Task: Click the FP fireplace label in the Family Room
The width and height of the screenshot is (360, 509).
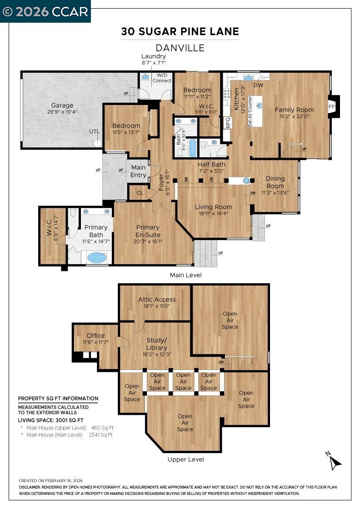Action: (x=332, y=107)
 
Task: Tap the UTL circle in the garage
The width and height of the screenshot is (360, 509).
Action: (x=97, y=142)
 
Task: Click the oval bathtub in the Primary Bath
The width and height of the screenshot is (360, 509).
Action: (x=96, y=258)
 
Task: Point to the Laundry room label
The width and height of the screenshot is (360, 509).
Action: (x=154, y=56)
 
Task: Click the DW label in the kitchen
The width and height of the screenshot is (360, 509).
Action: (x=258, y=85)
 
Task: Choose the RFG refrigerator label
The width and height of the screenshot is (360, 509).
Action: (x=228, y=123)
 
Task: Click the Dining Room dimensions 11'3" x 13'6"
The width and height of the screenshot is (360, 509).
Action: (x=275, y=192)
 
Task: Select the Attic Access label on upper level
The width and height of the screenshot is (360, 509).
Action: (x=157, y=299)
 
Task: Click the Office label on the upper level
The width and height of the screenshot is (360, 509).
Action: (x=95, y=335)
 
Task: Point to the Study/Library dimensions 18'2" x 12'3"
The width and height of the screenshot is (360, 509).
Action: (x=157, y=354)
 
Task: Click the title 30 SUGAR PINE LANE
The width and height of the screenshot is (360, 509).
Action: (x=180, y=31)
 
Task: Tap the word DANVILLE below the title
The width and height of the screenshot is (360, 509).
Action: (x=180, y=47)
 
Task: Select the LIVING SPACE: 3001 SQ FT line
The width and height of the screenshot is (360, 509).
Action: (x=50, y=420)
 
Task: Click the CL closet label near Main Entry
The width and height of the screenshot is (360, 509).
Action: (x=140, y=193)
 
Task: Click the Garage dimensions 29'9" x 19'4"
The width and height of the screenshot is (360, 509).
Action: (x=62, y=112)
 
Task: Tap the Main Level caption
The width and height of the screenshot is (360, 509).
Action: (x=185, y=275)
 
